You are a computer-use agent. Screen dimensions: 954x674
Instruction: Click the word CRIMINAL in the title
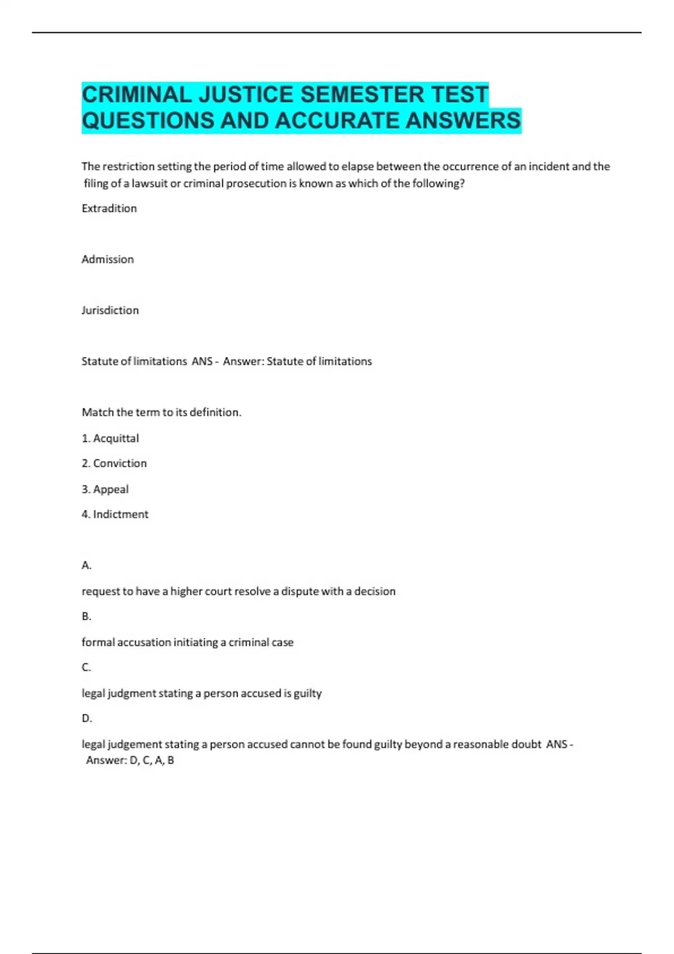[136, 94]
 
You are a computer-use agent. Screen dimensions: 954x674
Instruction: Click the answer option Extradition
[109, 208]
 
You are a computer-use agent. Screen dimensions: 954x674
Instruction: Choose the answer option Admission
[108, 259]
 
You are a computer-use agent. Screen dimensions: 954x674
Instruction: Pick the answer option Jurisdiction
[110, 310]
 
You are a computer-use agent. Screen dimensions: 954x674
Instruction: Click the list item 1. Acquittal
[110, 438]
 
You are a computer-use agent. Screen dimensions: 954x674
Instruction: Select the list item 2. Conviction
[114, 464]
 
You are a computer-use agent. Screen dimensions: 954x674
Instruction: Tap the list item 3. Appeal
[105, 489]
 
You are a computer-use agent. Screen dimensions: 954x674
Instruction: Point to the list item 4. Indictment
[115, 515]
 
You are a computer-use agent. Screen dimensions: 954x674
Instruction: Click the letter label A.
[86, 566]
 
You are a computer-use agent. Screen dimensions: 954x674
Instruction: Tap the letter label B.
[86, 617]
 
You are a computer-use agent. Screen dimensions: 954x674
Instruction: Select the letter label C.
[86, 668]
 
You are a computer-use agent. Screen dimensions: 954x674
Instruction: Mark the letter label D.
[86, 719]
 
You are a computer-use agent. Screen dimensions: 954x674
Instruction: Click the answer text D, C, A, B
[152, 760]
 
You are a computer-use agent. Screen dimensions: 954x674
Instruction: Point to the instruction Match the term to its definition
[162, 412]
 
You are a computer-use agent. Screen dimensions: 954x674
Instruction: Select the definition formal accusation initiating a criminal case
[188, 643]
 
